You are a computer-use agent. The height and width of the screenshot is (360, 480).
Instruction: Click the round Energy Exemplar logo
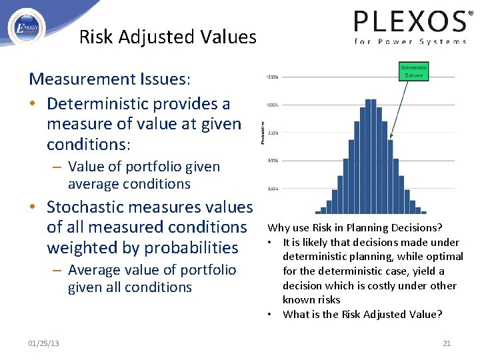26,27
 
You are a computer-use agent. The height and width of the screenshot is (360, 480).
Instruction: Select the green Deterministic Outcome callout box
415,71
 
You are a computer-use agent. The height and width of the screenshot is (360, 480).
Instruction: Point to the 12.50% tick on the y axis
272,77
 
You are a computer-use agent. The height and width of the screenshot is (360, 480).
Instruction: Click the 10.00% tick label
272,105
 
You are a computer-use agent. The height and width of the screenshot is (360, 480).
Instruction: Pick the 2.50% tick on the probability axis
273,189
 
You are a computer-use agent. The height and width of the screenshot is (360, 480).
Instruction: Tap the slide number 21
447,343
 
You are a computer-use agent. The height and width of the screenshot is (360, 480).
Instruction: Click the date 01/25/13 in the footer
43,343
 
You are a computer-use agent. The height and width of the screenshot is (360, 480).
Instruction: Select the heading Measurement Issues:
110,79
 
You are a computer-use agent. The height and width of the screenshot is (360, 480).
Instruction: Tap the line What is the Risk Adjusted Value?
362,315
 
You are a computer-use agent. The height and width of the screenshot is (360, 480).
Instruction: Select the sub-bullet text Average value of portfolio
152,270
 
